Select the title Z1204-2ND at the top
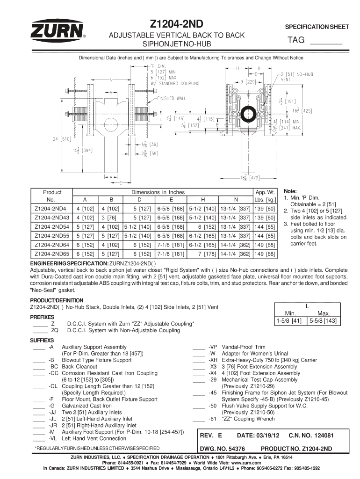tap(180, 23)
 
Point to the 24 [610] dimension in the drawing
tap(60, 138)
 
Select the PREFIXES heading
tap(43, 317)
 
